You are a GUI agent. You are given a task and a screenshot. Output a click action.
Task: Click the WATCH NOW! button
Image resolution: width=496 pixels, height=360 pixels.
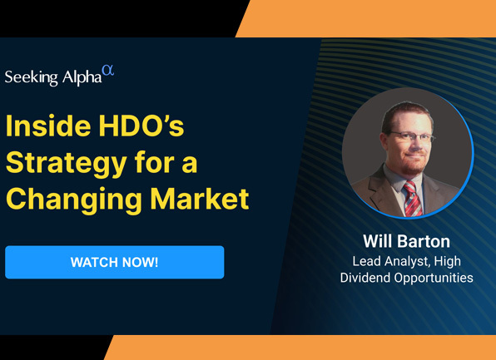pyautogui.click(x=114, y=262)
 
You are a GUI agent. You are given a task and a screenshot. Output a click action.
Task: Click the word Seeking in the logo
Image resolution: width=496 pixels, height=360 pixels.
pyautogui.click(x=32, y=78)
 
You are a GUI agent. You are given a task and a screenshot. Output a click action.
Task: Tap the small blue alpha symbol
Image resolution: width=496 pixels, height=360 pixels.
pyautogui.click(x=107, y=72)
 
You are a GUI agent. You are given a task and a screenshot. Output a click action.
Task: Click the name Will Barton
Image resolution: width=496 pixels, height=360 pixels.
pyautogui.click(x=406, y=242)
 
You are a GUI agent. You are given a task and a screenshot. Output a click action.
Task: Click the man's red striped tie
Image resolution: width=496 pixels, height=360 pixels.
pyautogui.click(x=412, y=196)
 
